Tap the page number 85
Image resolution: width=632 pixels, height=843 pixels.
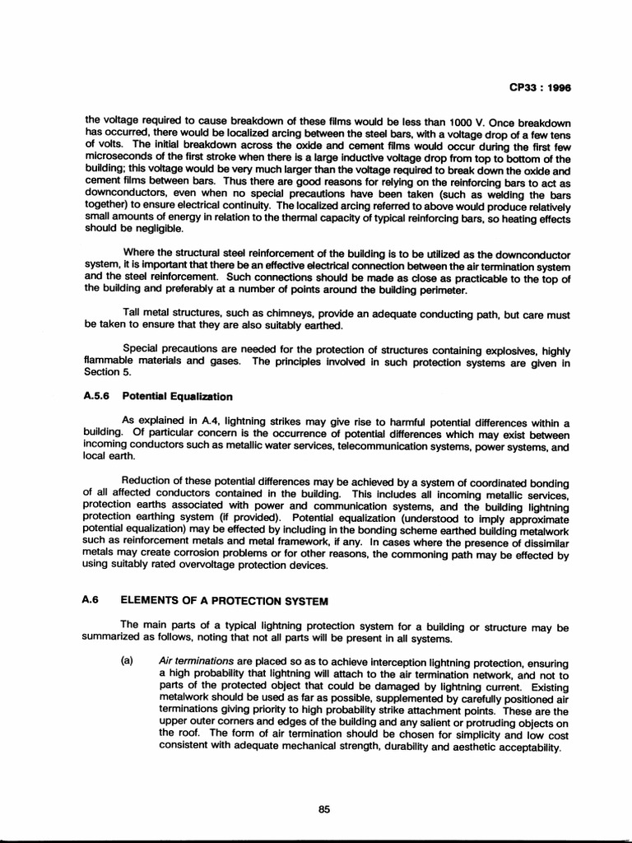(x=323, y=785)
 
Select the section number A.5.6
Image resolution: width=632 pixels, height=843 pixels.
(x=98, y=395)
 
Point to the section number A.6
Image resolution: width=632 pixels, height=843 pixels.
(x=91, y=599)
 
